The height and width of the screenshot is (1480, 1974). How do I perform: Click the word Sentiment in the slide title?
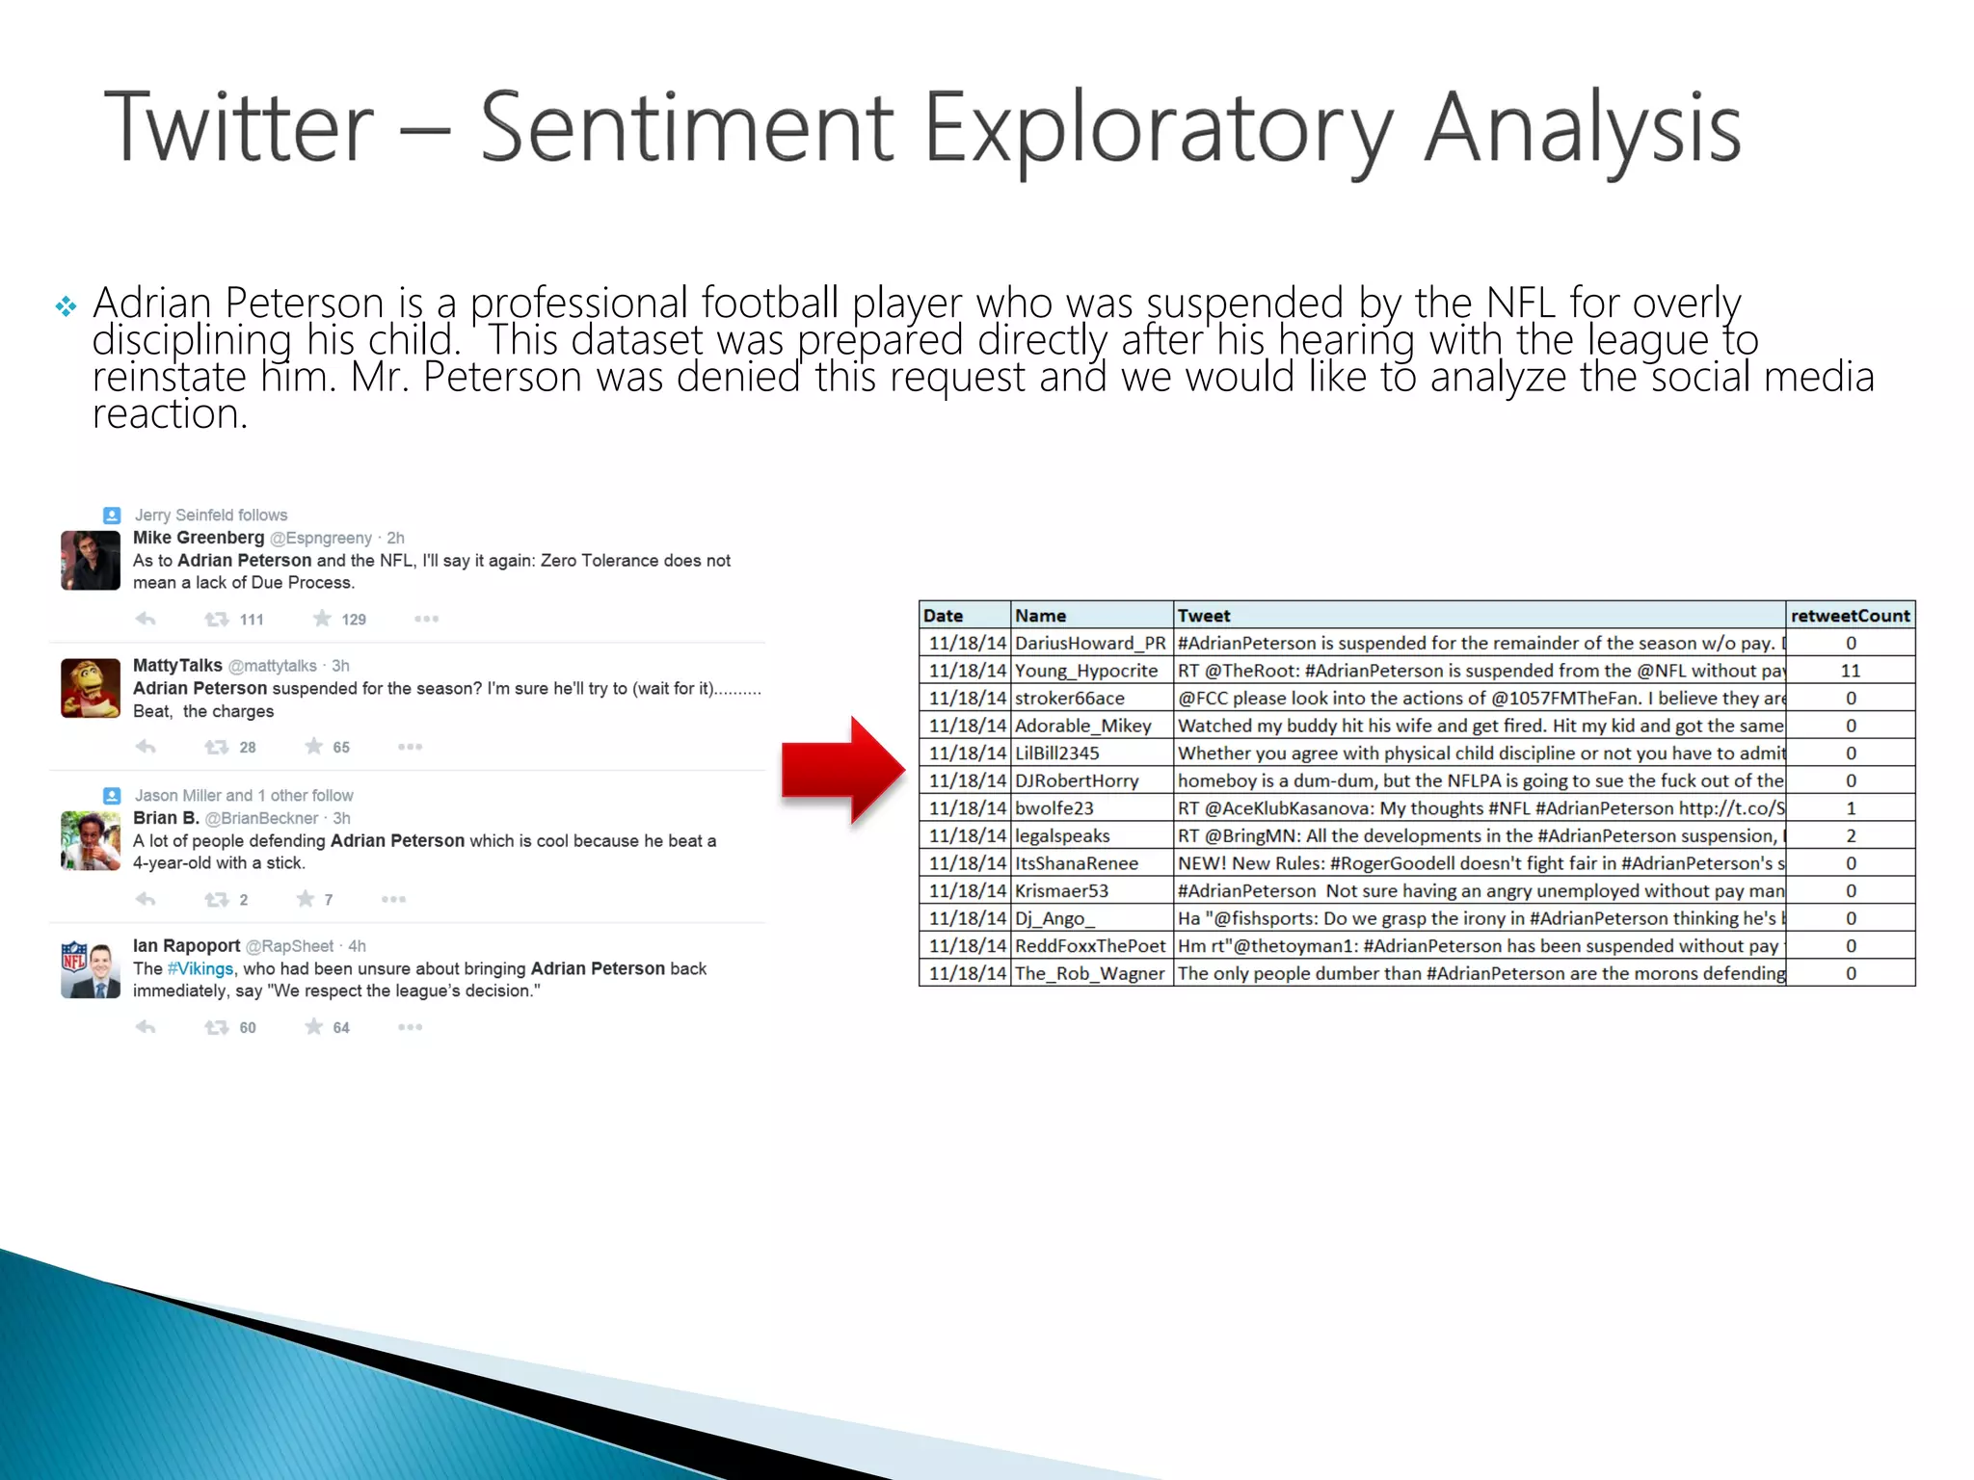click(687, 127)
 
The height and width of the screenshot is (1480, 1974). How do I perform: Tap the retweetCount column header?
click(1850, 616)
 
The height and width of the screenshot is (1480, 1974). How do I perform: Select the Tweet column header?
click(1204, 616)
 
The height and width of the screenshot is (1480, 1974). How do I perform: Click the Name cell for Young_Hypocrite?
click(1086, 671)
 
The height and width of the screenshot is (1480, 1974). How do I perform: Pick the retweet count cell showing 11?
click(1850, 671)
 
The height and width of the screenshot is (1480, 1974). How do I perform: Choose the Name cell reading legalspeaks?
click(1062, 836)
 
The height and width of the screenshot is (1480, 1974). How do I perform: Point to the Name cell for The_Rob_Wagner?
click(1089, 974)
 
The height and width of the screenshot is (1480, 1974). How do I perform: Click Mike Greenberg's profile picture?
click(91, 560)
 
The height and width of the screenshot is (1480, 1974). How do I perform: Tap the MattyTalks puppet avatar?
click(91, 688)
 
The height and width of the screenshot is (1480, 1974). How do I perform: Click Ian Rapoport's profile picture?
click(91, 969)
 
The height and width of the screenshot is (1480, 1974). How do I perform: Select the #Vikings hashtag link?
click(200, 968)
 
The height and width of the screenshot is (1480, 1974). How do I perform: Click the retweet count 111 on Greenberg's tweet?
click(252, 620)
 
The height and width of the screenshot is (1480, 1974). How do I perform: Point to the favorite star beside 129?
click(322, 619)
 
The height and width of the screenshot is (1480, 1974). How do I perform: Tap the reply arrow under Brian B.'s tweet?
click(146, 899)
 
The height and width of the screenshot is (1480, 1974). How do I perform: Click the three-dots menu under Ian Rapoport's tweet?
click(410, 1027)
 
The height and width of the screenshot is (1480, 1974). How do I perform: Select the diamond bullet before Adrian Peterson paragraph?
click(66, 306)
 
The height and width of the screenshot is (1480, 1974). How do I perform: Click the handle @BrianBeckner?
click(261, 818)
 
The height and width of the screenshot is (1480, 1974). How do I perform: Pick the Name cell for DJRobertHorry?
click(1077, 781)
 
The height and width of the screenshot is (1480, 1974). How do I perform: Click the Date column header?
click(943, 616)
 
